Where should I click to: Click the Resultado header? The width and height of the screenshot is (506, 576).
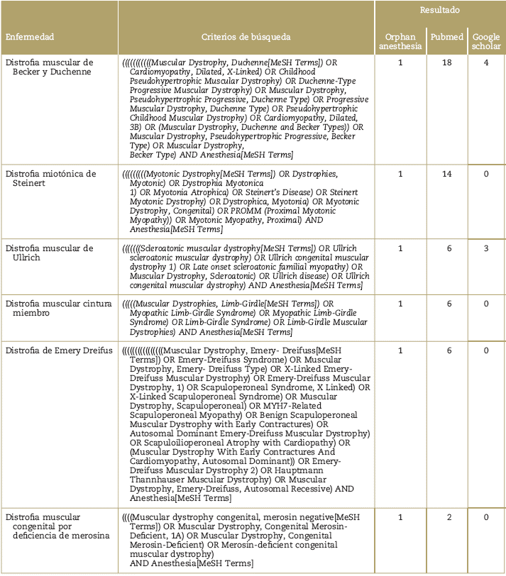pyautogui.click(x=439, y=10)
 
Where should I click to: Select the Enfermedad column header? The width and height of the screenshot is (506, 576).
pyautogui.click(x=30, y=37)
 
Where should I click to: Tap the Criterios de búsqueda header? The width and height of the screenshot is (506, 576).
pyautogui.click(x=246, y=37)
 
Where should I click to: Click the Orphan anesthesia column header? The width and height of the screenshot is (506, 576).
pyautogui.click(x=400, y=42)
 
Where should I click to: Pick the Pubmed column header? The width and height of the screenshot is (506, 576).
pyautogui.click(x=447, y=37)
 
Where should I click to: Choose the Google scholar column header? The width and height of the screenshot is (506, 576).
pyautogui.click(x=486, y=42)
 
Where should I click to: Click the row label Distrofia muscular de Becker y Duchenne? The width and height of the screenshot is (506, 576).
pyautogui.click(x=49, y=67)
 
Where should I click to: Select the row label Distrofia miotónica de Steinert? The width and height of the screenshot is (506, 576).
pyautogui.click(x=50, y=179)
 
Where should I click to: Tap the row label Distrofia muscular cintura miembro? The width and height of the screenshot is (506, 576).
pyautogui.click(x=58, y=309)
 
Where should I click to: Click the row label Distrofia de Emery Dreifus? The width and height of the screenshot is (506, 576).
pyautogui.click(x=50, y=350)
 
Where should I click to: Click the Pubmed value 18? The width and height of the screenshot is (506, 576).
pyautogui.click(x=447, y=63)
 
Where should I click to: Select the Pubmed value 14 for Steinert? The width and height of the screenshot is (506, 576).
pyautogui.click(x=447, y=174)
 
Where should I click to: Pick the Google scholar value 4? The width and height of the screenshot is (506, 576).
pyautogui.click(x=486, y=63)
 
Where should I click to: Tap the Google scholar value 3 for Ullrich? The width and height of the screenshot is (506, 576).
pyautogui.click(x=486, y=248)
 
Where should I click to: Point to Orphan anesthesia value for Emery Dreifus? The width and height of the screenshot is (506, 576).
pyautogui.click(x=400, y=350)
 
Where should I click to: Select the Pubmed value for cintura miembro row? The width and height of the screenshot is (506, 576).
pyautogui.click(x=448, y=304)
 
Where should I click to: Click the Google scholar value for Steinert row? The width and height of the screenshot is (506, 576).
pyautogui.click(x=486, y=174)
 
